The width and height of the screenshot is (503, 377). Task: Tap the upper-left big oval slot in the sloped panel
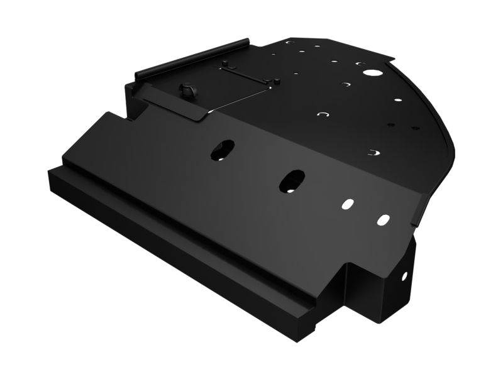tap(221, 149)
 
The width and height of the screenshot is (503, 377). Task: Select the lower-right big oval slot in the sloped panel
tap(292, 180)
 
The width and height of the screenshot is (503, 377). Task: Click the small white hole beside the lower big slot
tap(348, 204)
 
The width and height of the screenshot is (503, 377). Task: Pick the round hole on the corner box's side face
tap(404, 276)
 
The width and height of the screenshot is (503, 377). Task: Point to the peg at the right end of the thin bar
tap(277, 81)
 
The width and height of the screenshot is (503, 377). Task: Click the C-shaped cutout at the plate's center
tap(323, 114)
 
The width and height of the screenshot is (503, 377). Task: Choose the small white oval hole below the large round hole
tap(397, 99)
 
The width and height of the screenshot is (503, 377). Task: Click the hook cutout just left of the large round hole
tap(360, 63)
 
